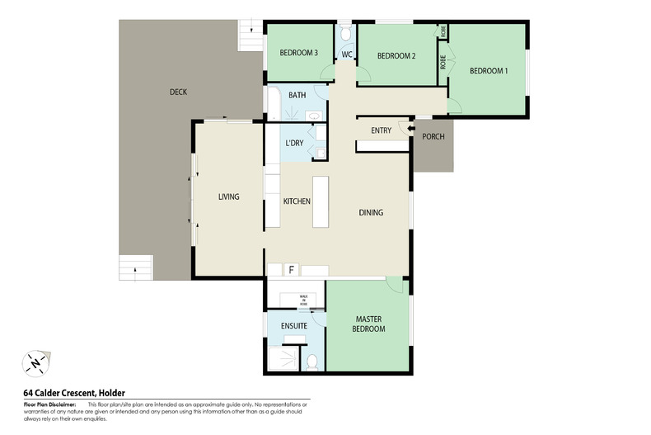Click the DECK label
click(178, 92)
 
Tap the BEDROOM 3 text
click(298, 53)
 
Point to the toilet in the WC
click(345, 34)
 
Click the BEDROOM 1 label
click(489, 71)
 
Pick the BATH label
click(297, 95)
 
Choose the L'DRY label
click(294, 144)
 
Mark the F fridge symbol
click(290, 270)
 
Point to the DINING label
click(371, 213)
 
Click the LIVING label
click(228, 196)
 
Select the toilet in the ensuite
click(311, 362)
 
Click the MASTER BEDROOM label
click(370, 324)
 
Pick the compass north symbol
click(35, 362)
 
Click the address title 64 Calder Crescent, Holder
click(74, 393)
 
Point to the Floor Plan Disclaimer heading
click(49, 404)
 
